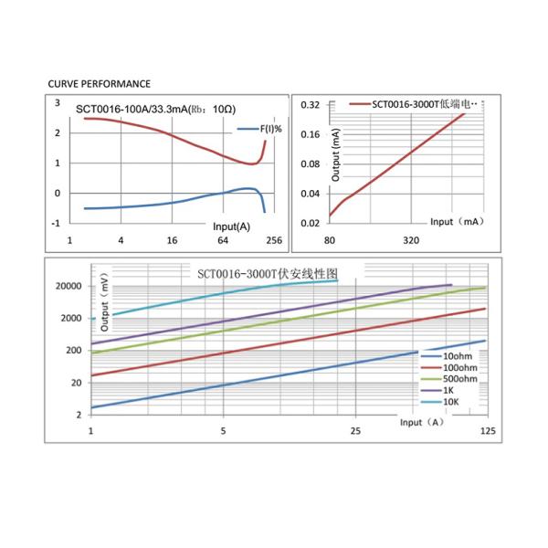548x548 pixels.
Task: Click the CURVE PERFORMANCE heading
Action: (99, 83)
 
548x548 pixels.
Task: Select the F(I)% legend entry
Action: (266, 129)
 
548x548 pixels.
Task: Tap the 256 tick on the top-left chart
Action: (273, 241)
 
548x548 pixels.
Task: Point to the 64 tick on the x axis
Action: (223, 241)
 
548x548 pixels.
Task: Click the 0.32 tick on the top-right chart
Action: (311, 105)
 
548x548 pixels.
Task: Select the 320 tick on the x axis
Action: (411, 241)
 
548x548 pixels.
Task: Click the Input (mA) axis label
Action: (456, 222)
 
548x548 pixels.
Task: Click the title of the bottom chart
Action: (268, 273)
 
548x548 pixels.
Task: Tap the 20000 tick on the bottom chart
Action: (70, 286)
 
